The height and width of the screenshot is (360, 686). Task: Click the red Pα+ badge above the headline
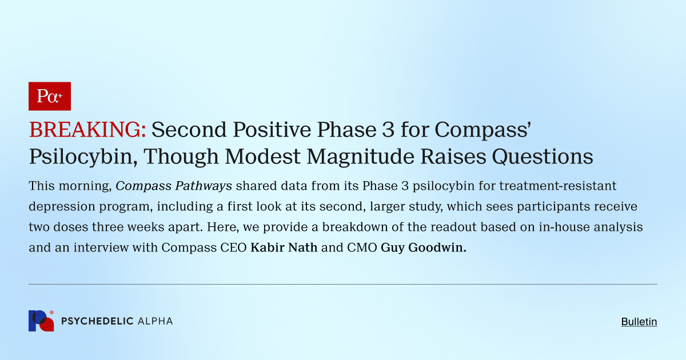(49, 96)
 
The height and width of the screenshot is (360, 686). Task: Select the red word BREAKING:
(87, 130)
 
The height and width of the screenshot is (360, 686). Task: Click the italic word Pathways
(203, 186)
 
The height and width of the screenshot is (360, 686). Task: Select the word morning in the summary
(86, 186)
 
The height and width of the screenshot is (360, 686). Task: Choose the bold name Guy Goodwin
(423, 248)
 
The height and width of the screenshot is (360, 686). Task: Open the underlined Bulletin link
(639, 322)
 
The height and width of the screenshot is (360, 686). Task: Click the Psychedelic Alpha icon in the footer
(41, 321)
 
